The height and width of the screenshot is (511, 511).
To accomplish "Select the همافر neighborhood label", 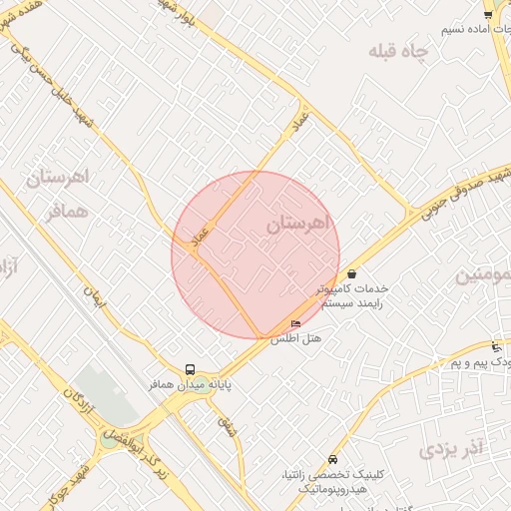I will [x=68, y=212].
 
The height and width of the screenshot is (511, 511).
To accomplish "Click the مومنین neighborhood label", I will [x=483, y=274].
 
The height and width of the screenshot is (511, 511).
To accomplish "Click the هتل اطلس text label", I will [x=295, y=338].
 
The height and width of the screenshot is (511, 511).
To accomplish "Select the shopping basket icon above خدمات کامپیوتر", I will [x=352, y=273].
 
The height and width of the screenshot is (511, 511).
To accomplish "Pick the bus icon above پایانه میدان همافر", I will [x=191, y=369].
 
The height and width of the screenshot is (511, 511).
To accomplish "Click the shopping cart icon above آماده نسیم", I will [x=488, y=14].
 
